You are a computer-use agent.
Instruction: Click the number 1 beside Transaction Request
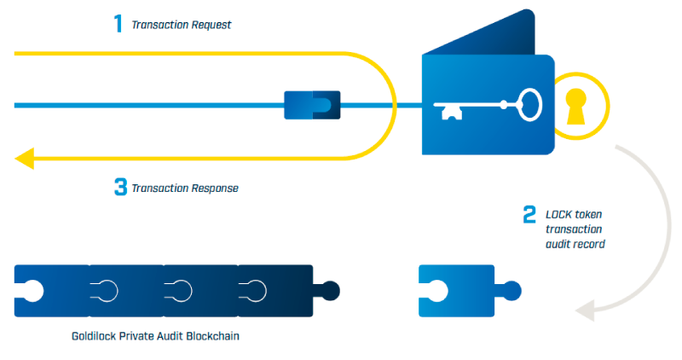[x=118, y=23]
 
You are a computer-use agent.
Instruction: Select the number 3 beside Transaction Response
[x=120, y=186]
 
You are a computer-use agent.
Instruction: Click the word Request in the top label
[x=211, y=25]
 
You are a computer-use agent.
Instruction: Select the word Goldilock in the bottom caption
[x=95, y=336]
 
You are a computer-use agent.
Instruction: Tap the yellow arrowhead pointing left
[x=24, y=158]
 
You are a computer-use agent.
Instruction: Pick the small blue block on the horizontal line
[x=311, y=106]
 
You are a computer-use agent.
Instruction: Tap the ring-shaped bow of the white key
[x=529, y=105]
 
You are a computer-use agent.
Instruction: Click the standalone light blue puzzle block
[x=456, y=289]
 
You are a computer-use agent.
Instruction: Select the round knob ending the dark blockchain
[x=331, y=290]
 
